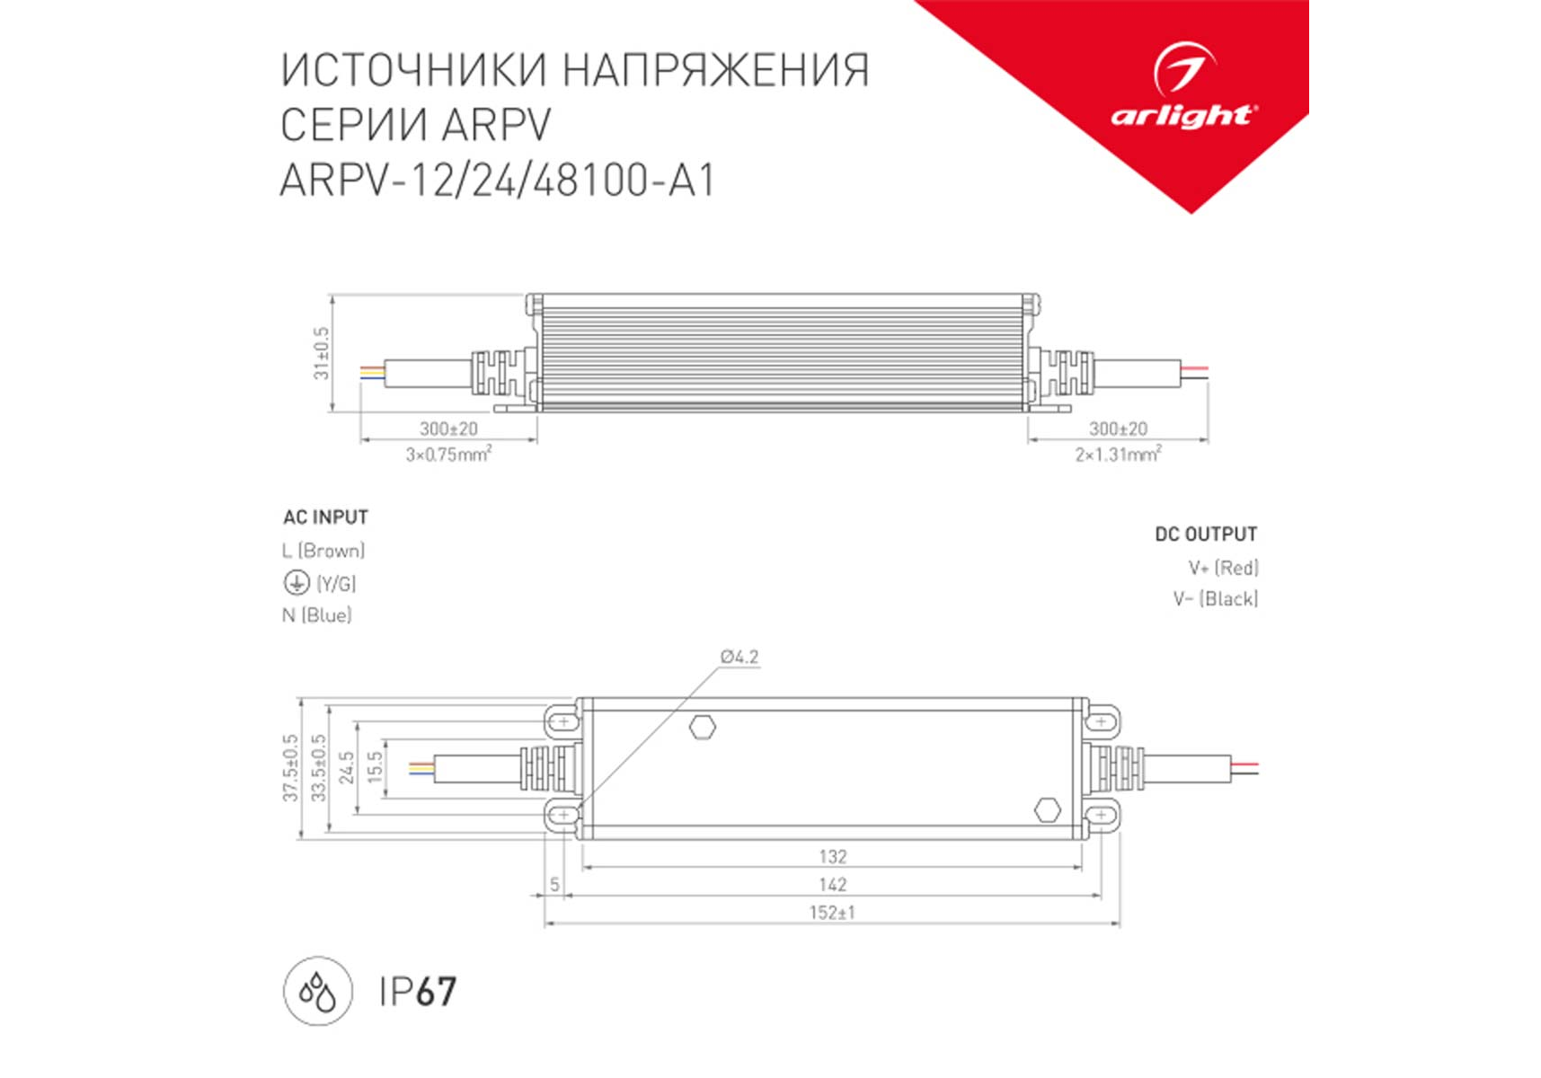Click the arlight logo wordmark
(x=1183, y=116)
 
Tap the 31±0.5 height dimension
(x=322, y=353)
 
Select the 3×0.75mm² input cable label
(x=448, y=454)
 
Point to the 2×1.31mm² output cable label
(x=1118, y=454)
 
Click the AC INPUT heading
(x=325, y=517)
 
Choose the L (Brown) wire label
(x=323, y=551)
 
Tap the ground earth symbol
(x=297, y=583)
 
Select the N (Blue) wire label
(x=317, y=615)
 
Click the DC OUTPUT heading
(x=1206, y=535)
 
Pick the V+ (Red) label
(x=1223, y=568)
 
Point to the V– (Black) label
(x=1216, y=599)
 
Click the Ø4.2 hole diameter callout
(x=740, y=657)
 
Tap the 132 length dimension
(x=833, y=857)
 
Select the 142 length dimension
(x=833, y=885)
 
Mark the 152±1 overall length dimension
(x=832, y=913)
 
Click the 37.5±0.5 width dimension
(x=290, y=768)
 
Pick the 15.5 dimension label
(x=376, y=767)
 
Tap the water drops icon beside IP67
(x=318, y=992)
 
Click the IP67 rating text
(x=418, y=992)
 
